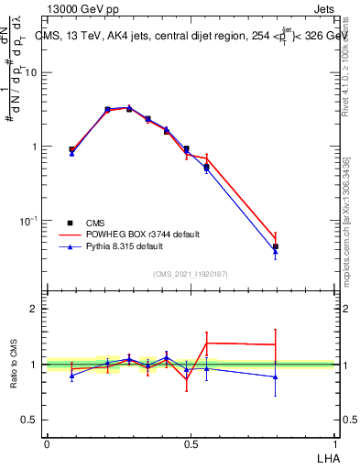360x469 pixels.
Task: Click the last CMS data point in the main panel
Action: pos(276,246)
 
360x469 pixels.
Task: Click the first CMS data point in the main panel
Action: pos(72,149)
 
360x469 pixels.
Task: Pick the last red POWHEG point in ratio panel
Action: pos(276,344)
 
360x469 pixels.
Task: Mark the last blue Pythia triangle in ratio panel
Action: pos(276,376)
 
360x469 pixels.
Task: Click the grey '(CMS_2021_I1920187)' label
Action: pos(191,273)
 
